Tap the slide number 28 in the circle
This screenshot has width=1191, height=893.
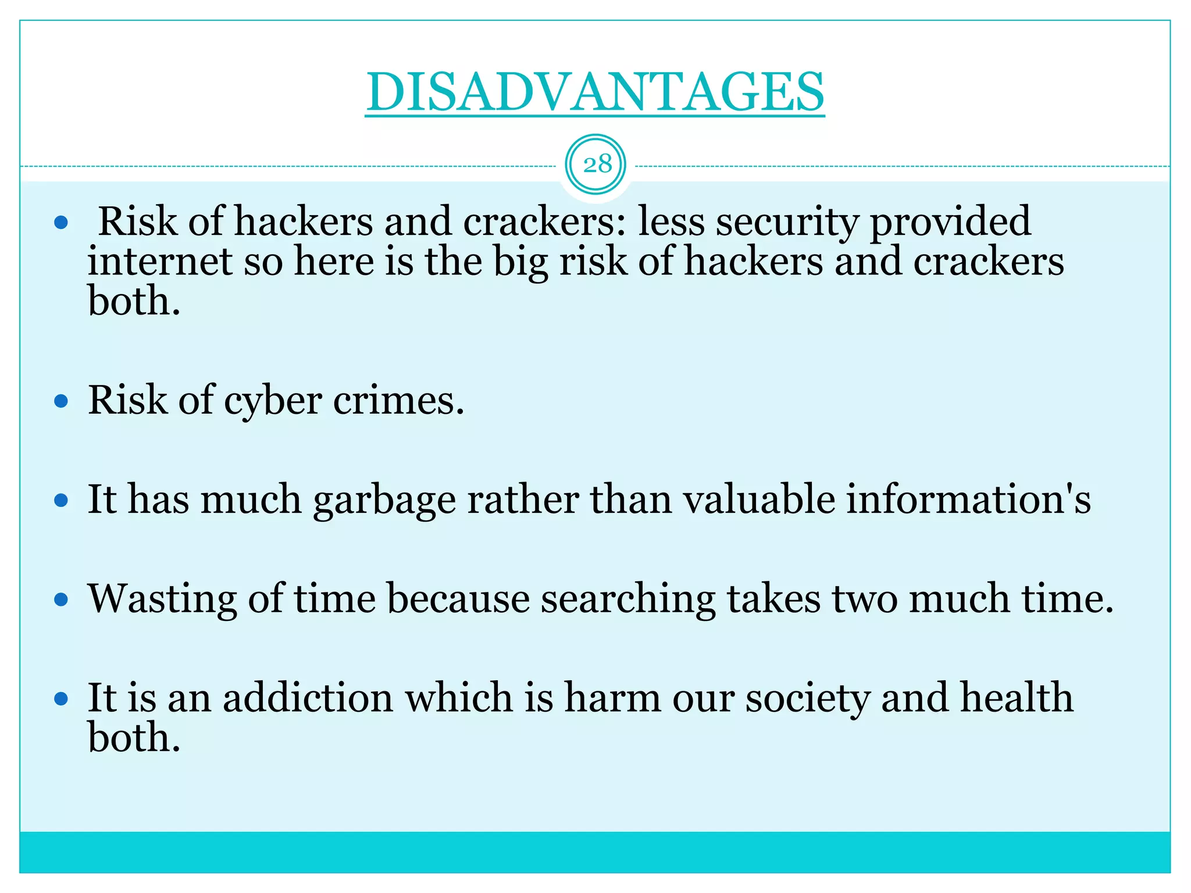(597, 165)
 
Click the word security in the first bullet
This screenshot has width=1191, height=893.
(787, 222)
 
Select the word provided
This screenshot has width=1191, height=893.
(950, 222)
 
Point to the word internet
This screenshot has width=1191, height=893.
(160, 261)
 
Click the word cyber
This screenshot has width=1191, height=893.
(273, 401)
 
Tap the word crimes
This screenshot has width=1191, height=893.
(399, 401)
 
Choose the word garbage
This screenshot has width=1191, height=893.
(384, 501)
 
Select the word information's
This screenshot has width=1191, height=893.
(968, 499)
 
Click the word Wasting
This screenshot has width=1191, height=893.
(162, 599)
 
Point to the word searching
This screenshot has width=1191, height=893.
(628, 599)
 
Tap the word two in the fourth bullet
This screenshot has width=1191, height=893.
(865, 599)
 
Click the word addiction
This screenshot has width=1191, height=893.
(308, 698)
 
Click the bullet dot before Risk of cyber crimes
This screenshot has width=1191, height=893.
(61, 401)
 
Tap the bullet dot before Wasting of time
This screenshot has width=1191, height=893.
(61, 599)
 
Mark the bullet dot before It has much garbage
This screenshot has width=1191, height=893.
(61, 500)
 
